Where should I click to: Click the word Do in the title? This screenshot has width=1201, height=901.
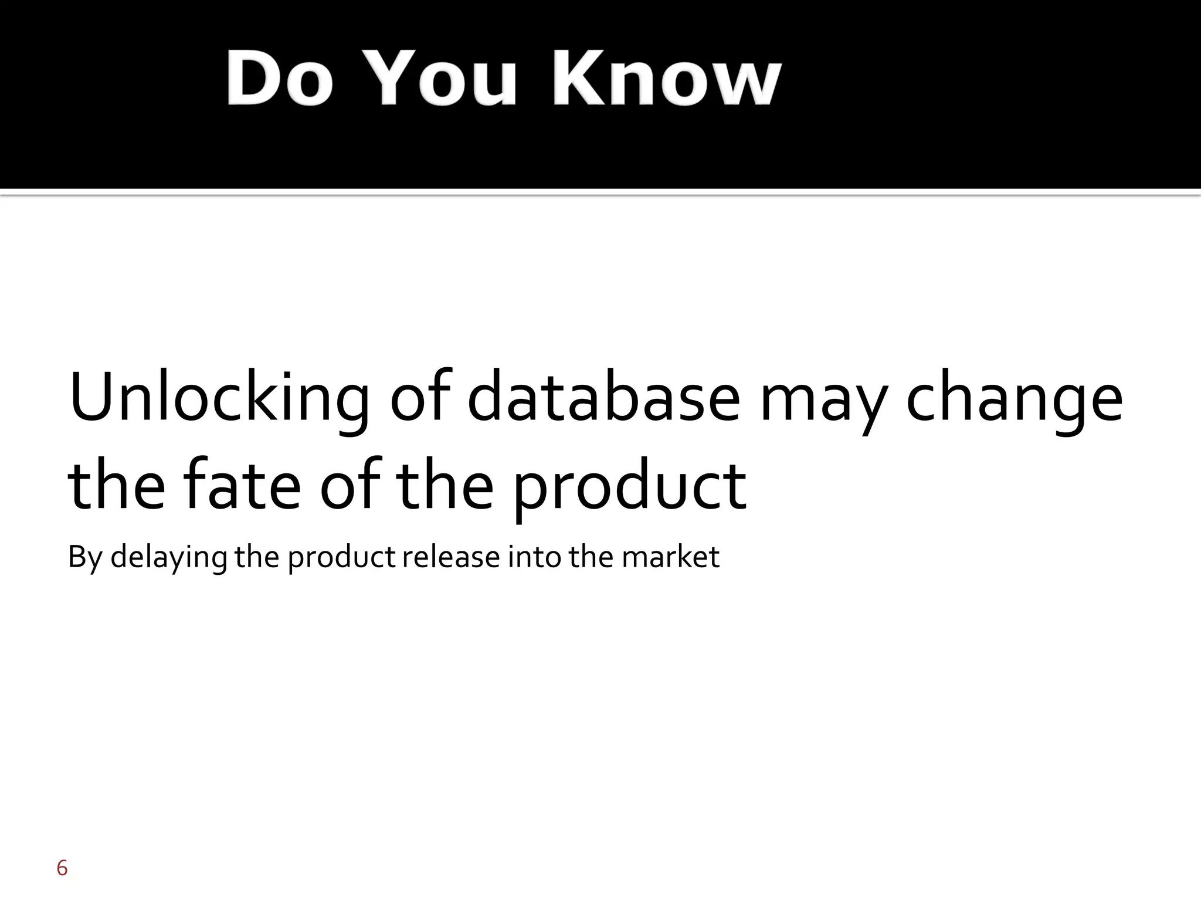pos(280,78)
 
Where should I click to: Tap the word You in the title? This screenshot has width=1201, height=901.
pos(444,78)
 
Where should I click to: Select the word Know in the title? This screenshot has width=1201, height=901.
pos(665,78)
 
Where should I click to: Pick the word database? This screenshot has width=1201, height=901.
pos(603,397)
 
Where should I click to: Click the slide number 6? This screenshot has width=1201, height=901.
pos(62,868)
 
